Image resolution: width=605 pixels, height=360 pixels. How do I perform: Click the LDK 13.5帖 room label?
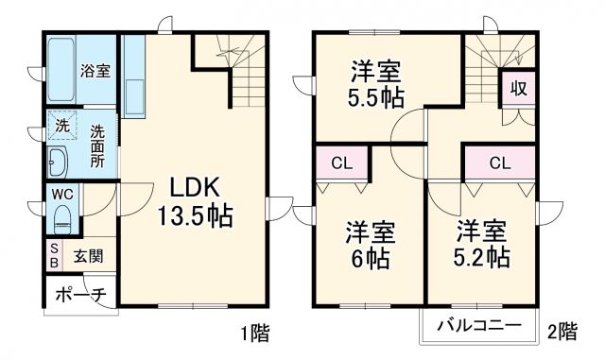point(195,199)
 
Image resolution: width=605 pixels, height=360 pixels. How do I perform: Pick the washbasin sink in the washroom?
point(58,162)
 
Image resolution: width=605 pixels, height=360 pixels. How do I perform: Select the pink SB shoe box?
point(54,254)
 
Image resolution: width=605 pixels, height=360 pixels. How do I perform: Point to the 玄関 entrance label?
point(90,254)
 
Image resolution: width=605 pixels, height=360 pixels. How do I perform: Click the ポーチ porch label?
point(79,294)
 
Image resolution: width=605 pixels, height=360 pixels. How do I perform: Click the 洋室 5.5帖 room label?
point(370,85)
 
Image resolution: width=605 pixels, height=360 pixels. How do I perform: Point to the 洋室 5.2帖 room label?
point(485,244)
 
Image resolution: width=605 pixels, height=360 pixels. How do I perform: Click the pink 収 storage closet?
point(518,89)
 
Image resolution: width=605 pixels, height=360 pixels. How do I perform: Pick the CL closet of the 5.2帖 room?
point(499,162)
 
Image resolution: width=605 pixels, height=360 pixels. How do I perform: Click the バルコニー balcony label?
point(478,327)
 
